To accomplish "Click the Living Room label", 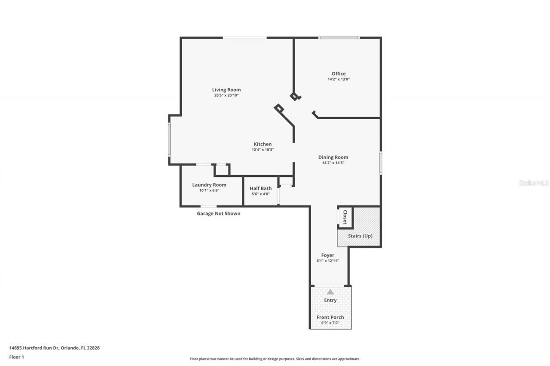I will (x=226, y=90).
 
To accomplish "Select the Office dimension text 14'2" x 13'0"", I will (x=338, y=79).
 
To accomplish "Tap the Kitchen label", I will (x=262, y=144).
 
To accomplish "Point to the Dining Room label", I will (x=333, y=157).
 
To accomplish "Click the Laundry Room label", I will (x=209, y=185).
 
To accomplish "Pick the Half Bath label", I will (x=260, y=188).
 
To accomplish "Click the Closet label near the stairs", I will (x=345, y=217).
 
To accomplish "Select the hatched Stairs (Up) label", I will (x=360, y=236).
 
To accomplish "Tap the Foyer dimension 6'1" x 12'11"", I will (x=327, y=261).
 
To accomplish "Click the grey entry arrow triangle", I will (x=330, y=292).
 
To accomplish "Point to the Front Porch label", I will (x=330, y=317).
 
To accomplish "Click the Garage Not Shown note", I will (x=218, y=213).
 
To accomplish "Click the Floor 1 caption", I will (x=16, y=357).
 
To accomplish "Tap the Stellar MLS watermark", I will (x=534, y=183).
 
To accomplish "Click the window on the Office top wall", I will (x=339, y=38).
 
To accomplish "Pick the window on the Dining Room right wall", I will (x=380, y=163).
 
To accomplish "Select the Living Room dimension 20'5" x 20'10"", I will (x=226, y=95).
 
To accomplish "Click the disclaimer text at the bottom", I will (x=275, y=359).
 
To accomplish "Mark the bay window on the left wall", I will (x=169, y=139).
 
